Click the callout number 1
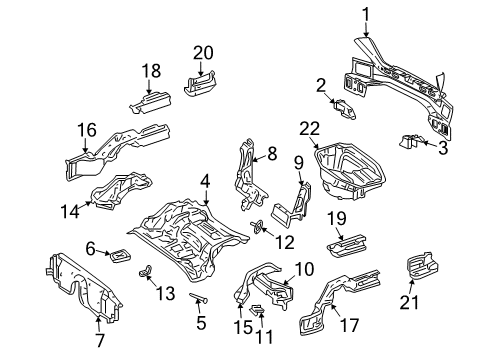(x=366, y=15)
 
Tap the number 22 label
(x=310, y=129)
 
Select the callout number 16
(x=87, y=130)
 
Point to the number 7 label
(x=100, y=340)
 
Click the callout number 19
(x=337, y=219)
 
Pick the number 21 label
(x=409, y=302)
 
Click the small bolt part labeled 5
(x=199, y=297)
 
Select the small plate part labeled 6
(x=120, y=255)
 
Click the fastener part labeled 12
(x=257, y=227)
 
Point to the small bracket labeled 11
(x=257, y=310)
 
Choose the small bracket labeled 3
(x=408, y=141)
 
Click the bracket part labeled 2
(x=344, y=109)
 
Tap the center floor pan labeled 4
(x=188, y=239)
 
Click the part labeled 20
(x=200, y=84)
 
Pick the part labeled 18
(x=151, y=102)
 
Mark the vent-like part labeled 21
(x=422, y=266)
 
